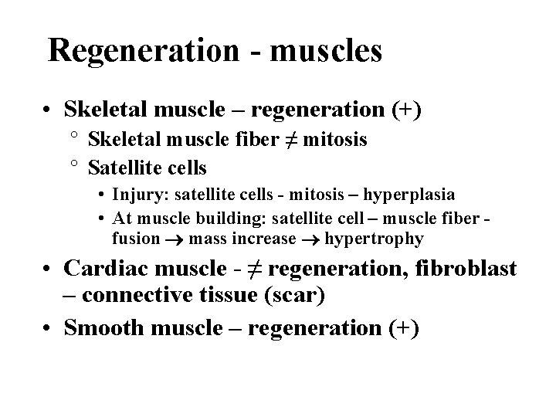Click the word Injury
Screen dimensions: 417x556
[138, 194]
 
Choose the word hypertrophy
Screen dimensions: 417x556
[374, 239]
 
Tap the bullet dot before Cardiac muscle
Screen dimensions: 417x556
[49, 270]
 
